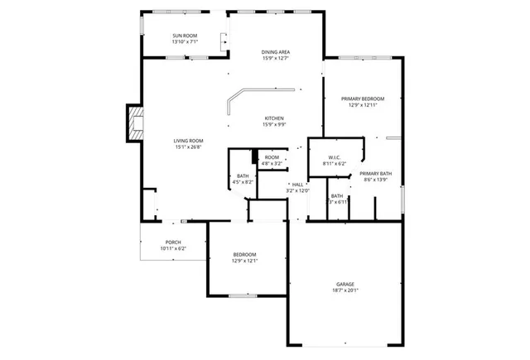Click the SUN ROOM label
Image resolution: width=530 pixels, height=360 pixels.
[x=185, y=36]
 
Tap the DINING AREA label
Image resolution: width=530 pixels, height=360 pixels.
[x=275, y=51]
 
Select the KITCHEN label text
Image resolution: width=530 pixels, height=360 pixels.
[x=275, y=118]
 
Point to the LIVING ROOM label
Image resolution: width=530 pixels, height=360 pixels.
[x=189, y=141]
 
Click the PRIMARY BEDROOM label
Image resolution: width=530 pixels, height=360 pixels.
[x=364, y=98]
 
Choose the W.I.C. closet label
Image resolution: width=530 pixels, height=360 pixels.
[x=335, y=157]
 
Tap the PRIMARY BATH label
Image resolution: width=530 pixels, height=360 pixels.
[x=375, y=173]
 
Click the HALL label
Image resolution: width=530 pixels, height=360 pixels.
[x=296, y=185]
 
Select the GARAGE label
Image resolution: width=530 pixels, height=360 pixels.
[x=345, y=284]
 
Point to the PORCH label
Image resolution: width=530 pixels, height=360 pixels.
[x=173, y=242]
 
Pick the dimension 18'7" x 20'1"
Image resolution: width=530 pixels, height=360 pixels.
[x=345, y=290]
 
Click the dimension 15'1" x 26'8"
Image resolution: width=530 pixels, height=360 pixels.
[x=189, y=147]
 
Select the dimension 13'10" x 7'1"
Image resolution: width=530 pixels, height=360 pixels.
[x=185, y=42]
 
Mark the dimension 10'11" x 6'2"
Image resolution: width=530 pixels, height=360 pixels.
[x=173, y=248]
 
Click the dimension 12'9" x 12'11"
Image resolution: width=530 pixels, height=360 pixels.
[x=364, y=105]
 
